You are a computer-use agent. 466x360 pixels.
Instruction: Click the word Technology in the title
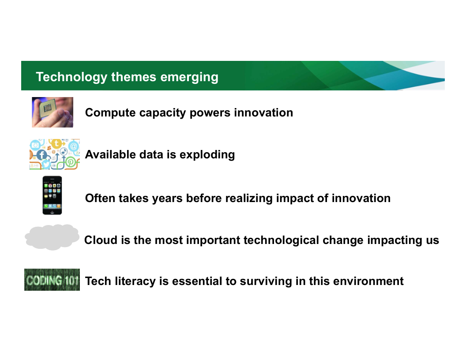[x=71, y=77]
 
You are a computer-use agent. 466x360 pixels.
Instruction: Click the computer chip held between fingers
[x=48, y=108]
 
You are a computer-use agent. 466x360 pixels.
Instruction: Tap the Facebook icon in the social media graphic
[x=42, y=154]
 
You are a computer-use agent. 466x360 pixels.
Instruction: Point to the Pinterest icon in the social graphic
[x=71, y=162]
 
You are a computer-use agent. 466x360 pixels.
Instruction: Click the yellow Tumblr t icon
[x=56, y=144]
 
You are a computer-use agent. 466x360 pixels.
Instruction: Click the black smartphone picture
[x=53, y=195]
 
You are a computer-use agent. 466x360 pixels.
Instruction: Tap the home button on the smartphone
[x=53, y=212]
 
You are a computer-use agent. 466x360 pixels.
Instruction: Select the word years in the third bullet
[x=167, y=199]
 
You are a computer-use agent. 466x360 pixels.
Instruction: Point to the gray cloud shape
[x=52, y=237]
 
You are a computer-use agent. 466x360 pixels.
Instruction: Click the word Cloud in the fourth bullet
[x=101, y=240]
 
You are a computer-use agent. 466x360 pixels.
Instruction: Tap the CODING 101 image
[x=52, y=280]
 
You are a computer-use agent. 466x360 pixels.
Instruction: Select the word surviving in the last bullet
[x=266, y=281]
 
